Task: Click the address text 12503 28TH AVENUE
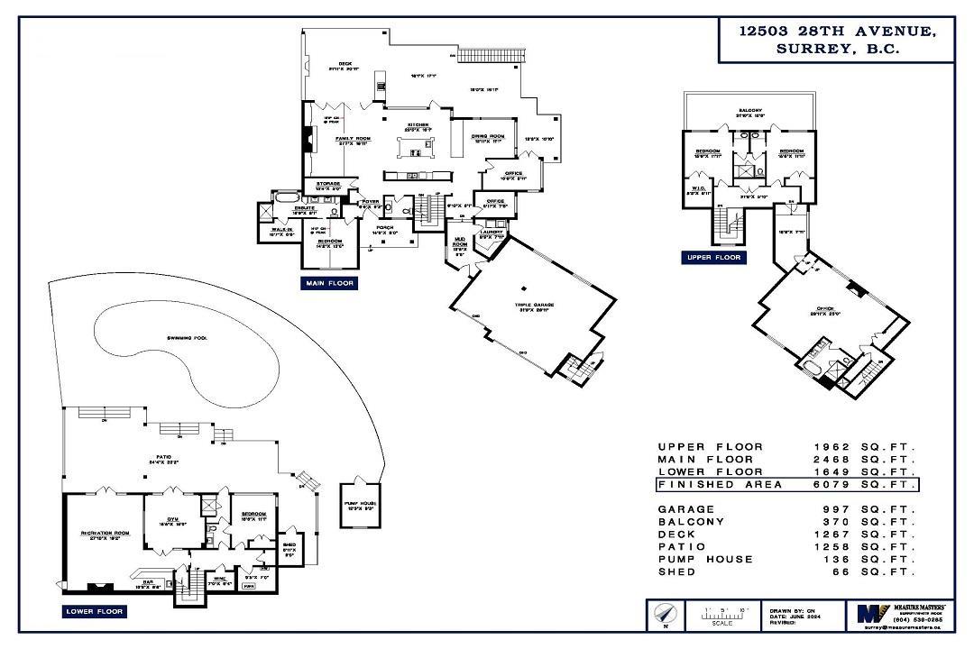click(837, 31)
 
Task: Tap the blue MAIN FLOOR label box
click(329, 283)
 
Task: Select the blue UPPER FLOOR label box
click(712, 258)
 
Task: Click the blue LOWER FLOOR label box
click(95, 611)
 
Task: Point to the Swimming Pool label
click(187, 337)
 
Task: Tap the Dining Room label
click(487, 138)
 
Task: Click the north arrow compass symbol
click(661, 616)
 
